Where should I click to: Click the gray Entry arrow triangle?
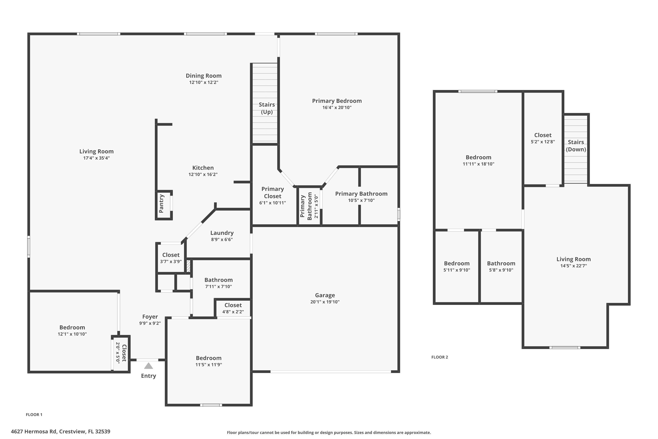[148, 366]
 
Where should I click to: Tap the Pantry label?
[161, 204]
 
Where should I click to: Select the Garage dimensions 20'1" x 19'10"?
[325, 302]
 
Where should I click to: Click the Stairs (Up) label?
[267, 108]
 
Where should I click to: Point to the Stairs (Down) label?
[576, 146]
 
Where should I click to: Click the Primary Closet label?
[272, 193]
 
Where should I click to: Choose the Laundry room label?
[222, 233]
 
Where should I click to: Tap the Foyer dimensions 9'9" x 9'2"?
[150, 323]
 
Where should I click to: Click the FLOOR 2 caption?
[440, 357]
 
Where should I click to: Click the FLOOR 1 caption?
[34, 415]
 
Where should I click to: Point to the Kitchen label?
[203, 168]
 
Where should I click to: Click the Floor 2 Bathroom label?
[501, 263]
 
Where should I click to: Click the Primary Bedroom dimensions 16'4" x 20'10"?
[337, 108]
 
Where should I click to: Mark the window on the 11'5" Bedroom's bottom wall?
[211, 405]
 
